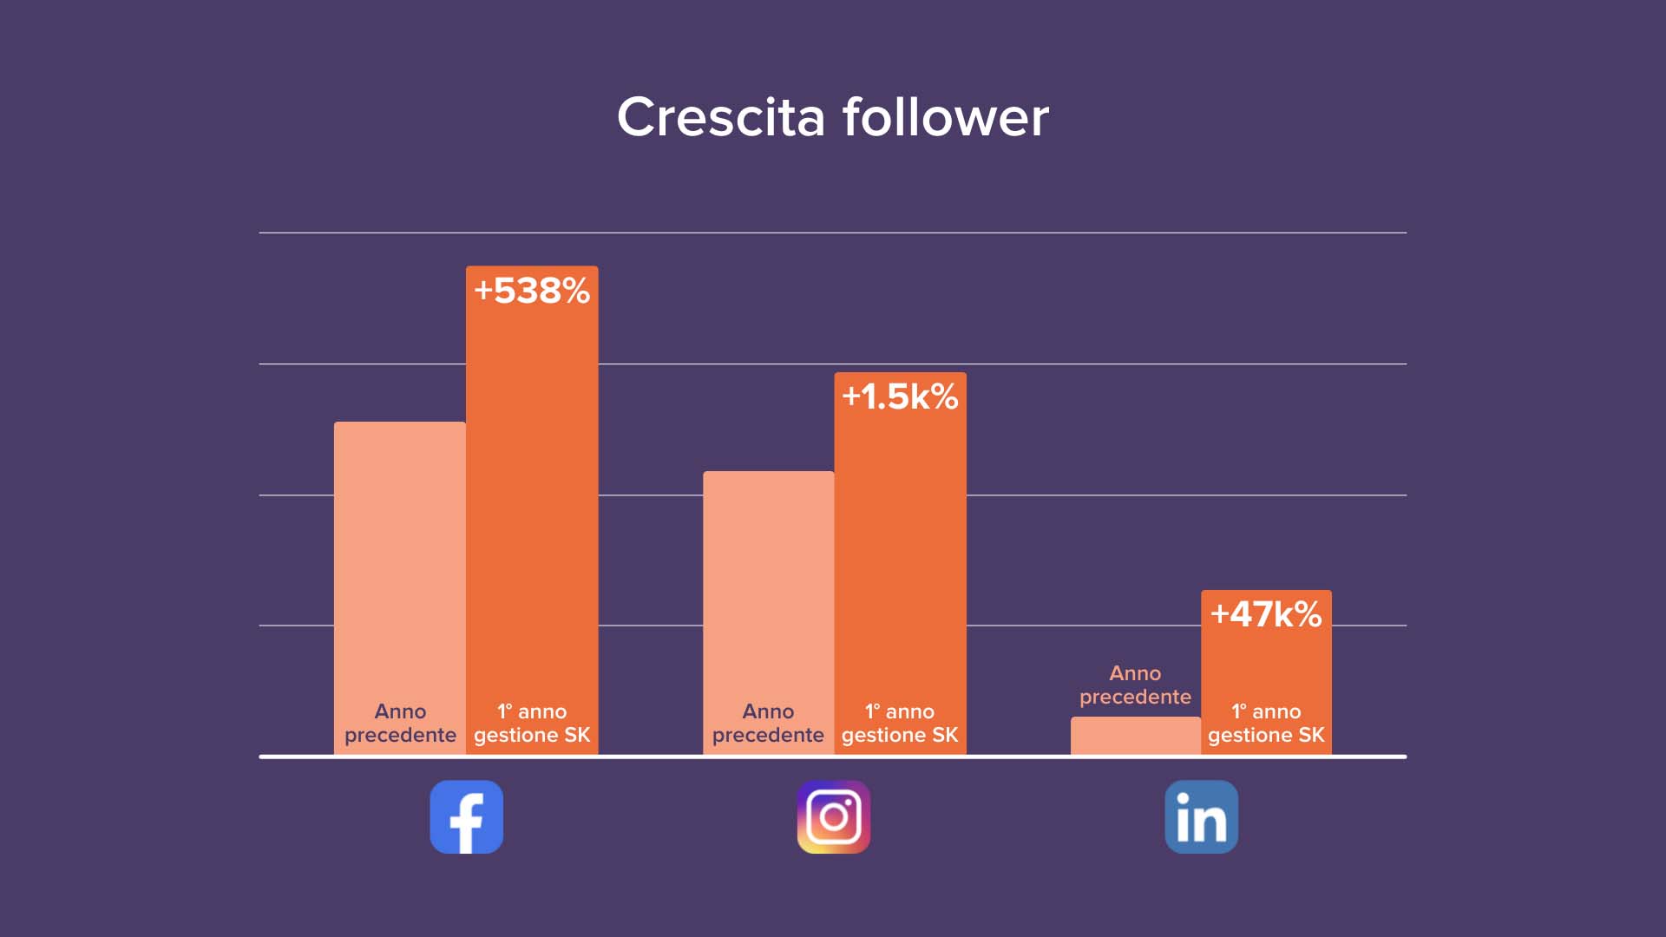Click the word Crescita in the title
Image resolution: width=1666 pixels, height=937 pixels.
[x=720, y=117]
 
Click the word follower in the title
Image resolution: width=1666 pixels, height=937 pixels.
[x=946, y=117]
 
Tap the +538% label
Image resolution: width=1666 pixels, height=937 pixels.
[x=532, y=291]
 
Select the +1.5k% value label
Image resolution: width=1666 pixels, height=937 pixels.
[x=900, y=396]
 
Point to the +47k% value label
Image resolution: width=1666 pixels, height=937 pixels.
[x=1266, y=614]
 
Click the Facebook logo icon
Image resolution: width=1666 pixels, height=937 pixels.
[x=467, y=816]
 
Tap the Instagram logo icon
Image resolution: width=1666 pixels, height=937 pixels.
[x=834, y=816]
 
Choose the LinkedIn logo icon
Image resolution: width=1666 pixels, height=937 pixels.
[x=1201, y=816]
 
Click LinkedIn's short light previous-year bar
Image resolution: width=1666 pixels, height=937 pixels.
[x=1135, y=736]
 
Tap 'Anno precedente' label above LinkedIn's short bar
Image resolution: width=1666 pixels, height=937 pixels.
[x=1135, y=685]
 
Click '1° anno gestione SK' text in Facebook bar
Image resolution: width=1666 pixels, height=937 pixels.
[x=532, y=724]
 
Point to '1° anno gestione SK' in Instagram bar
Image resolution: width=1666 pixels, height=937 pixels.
[x=900, y=724]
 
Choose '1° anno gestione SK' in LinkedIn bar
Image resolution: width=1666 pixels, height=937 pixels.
[x=1266, y=724]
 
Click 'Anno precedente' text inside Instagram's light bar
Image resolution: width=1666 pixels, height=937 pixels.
[x=768, y=724]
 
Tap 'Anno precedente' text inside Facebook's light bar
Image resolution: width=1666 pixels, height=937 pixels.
[x=400, y=724]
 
